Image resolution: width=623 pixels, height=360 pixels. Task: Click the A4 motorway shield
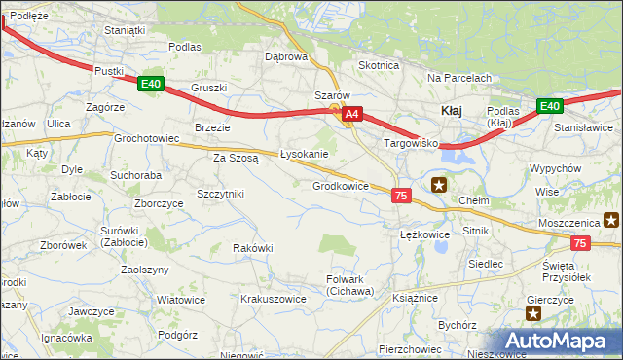(x=352, y=115)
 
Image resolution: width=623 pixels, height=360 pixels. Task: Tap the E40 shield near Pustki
(x=150, y=84)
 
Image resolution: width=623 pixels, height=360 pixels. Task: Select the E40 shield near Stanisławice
(x=549, y=106)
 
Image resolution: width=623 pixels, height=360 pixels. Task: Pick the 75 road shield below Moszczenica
(x=580, y=244)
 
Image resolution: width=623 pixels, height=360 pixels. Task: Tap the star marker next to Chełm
(x=440, y=183)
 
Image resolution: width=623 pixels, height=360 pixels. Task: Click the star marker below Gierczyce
(x=533, y=312)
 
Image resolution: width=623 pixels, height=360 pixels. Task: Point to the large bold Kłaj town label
(x=452, y=111)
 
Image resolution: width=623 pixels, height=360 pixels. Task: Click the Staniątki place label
(x=125, y=30)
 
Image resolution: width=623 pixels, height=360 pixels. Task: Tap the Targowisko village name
(x=412, y=143)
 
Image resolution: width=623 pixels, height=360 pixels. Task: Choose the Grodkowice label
(x=340, y=186)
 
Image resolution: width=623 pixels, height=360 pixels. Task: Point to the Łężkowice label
(x=424, y=234)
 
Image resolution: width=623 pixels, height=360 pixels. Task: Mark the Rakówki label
(x=252, y=248)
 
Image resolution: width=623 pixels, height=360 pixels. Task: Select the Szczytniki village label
(x=220, y=194)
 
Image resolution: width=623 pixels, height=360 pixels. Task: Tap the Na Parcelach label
(x=459, y=78)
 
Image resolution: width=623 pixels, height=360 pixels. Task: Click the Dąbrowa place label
(x=286, y=56)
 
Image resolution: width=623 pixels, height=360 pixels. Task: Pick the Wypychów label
(x=556, y=168)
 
